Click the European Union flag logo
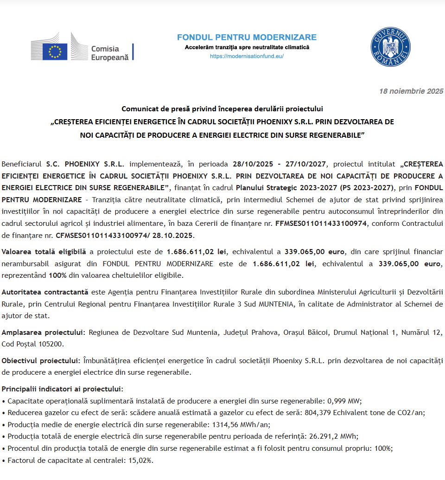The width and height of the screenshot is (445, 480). click(55, 51)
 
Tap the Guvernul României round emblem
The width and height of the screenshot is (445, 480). click(390, 46)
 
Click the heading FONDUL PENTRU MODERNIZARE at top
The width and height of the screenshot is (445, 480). click(247, 38)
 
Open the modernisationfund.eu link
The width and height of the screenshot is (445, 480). click(247, 56)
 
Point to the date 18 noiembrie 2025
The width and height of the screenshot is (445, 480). click(411, 91)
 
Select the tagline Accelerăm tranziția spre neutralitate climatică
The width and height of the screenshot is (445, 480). click(247, 47)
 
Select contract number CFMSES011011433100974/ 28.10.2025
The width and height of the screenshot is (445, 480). click(125, 236)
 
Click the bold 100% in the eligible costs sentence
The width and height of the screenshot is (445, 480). click(54, 275)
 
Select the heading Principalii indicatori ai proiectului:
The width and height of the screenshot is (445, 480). click(63, 389)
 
